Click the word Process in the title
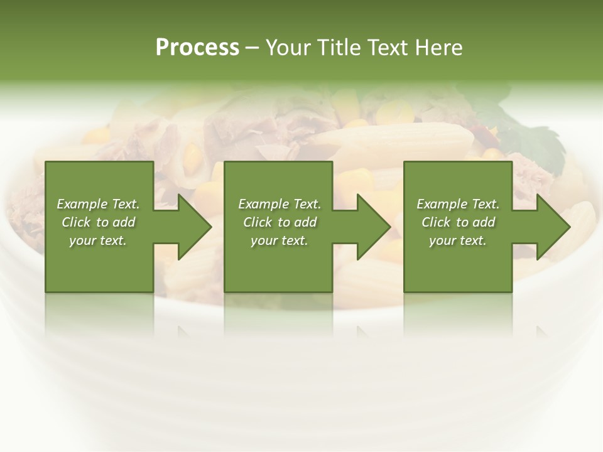click(x=197, y=48)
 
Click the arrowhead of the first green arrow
click(x=194, y=227)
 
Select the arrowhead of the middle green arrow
click(x=373, y=227)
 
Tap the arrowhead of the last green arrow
click(x=553, y=227)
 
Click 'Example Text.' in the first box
click(x=98, y=204)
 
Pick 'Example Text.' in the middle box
click(x=280, y=204)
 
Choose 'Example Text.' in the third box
click(x=458, y=204)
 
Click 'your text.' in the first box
click(x=98, y=240)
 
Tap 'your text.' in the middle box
click(x=280, y=240)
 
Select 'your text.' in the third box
click(x=458, y=240)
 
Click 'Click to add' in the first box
click(x=98, y=222)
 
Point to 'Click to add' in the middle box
click(x=280, y=222)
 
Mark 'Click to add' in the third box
click(x=458, y=222)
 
